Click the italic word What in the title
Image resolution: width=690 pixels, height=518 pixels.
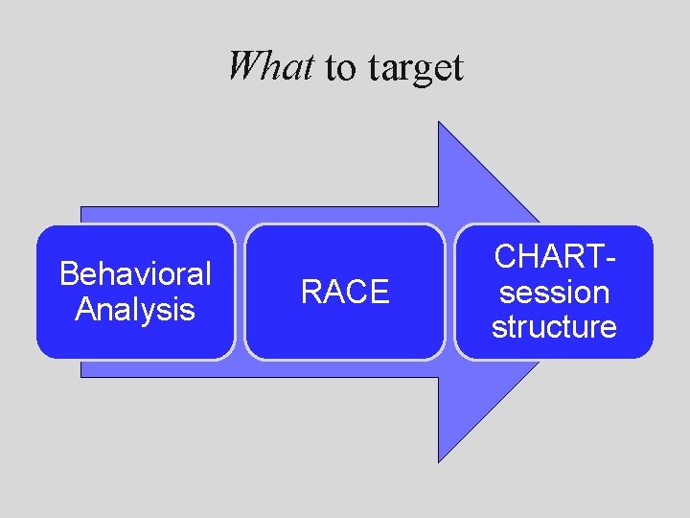(x=270, y=66)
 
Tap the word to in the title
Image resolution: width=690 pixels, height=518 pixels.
(x=340, y=68)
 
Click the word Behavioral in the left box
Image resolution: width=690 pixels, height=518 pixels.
(x=135, y=274)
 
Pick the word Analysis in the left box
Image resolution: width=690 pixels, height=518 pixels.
(x=135, y=310)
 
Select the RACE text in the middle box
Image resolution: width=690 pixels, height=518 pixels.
(x=345, y=292)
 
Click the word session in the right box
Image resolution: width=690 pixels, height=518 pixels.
(x=554, y=292)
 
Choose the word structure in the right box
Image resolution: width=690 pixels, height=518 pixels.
(x=554, y=326)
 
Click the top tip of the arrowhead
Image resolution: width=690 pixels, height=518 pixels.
(x=439, y=123)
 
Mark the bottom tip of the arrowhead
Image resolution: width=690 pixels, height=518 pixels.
(x=439, y=461)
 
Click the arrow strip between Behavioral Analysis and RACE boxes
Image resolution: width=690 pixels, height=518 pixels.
(x=240, y=292)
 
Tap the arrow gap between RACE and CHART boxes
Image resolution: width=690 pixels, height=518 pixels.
(x=449, y=292)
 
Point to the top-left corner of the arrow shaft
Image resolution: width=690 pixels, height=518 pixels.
(x=81, y=207)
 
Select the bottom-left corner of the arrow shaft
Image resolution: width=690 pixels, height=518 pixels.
(x=81, y=376)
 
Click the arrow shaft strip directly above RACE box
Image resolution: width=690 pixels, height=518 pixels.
(x=345, y=215)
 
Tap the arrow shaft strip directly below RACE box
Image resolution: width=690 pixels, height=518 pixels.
(x=345, y=368)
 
